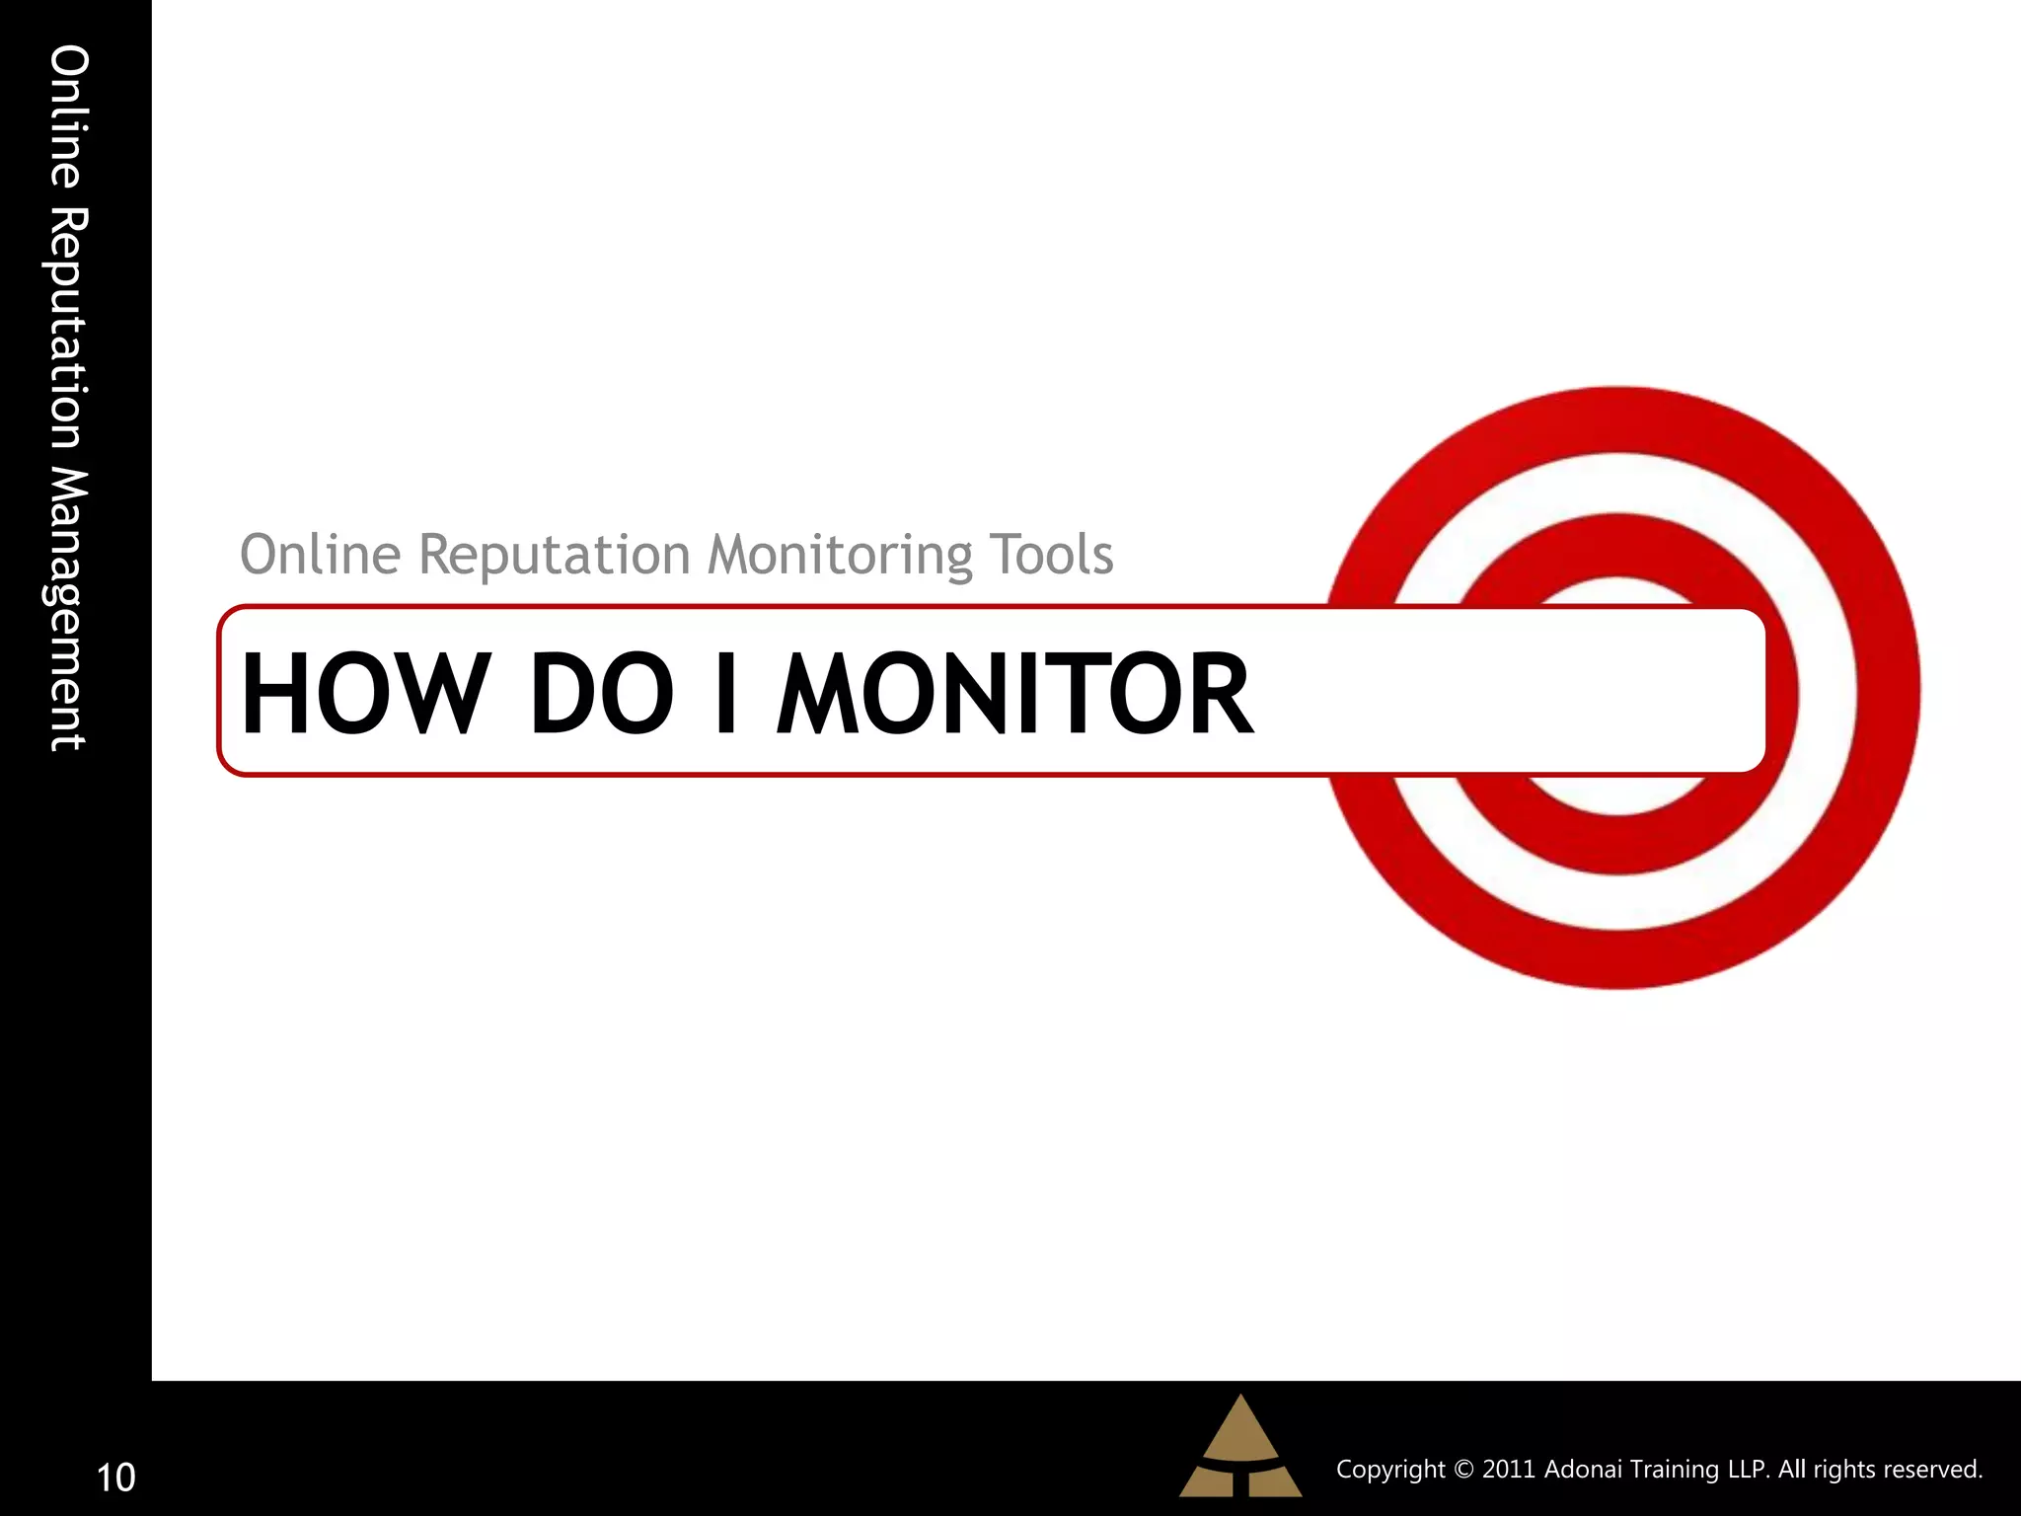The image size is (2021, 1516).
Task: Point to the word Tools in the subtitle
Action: click(1051, 555)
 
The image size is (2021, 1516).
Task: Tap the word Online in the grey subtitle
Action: click(321, 555)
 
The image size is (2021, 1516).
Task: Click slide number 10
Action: click(115, 1478)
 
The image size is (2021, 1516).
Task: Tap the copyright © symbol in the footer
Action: click(1464, 1470)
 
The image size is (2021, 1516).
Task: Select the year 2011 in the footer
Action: click(1509, 1470)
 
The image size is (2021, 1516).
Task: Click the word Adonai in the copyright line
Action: click(1583, 1470)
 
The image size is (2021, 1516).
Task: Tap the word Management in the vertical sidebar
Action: click(69, 608)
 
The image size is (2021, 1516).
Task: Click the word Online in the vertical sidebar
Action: click(69, 116)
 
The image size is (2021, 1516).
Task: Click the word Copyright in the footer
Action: click(1389, 1470)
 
